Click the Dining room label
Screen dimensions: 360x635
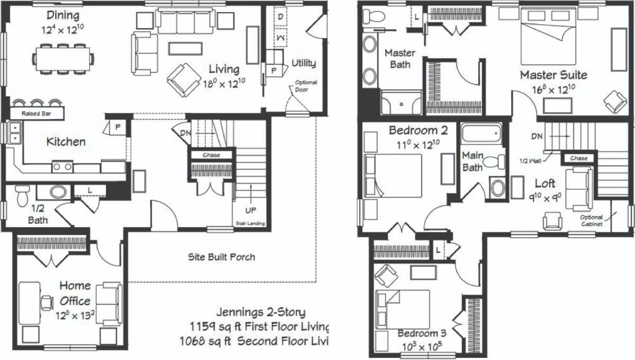63,15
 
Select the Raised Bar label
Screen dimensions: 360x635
35,114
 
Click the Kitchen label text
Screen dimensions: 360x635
66,141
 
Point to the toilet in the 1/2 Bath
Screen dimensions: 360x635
22,195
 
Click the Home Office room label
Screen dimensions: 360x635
75,293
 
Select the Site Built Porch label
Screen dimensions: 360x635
222,257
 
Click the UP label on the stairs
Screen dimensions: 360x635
251,210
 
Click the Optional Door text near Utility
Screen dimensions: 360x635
306,86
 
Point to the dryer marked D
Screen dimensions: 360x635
280,17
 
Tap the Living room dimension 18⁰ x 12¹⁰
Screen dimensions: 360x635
224,84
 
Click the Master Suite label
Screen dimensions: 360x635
553,75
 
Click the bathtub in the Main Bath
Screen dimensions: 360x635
482,133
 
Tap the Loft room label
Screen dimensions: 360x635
545,183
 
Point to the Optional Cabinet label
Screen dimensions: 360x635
591,220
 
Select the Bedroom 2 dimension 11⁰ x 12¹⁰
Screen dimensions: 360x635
413,144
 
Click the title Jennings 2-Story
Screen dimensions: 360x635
260,312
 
